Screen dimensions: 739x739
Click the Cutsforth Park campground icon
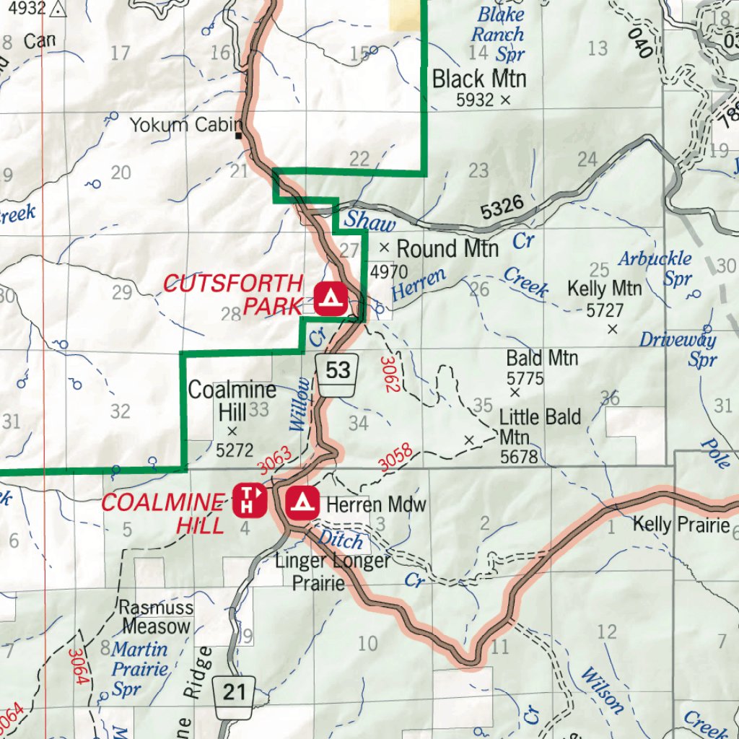pos(331,296)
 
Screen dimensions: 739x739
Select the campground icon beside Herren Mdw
pos(302,503)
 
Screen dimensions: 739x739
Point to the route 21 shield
pos(235,693)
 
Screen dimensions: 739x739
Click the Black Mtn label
pos(479,79)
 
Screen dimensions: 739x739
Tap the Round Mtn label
pos(447,249)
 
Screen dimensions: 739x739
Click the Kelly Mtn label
pos(605,289)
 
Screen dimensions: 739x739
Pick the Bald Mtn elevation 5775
pos(525,377)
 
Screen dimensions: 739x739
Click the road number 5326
pos(502,209)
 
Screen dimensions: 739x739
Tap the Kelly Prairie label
pos(681,525)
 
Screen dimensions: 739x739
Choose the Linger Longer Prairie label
pos(333,571)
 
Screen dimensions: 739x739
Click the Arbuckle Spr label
pos(655,268)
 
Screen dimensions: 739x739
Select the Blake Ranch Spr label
pos(499,33)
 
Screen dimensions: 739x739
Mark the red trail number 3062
pos(390,374)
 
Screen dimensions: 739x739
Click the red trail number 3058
pos(395,460)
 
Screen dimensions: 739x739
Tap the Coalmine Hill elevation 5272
pos(235,450)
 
